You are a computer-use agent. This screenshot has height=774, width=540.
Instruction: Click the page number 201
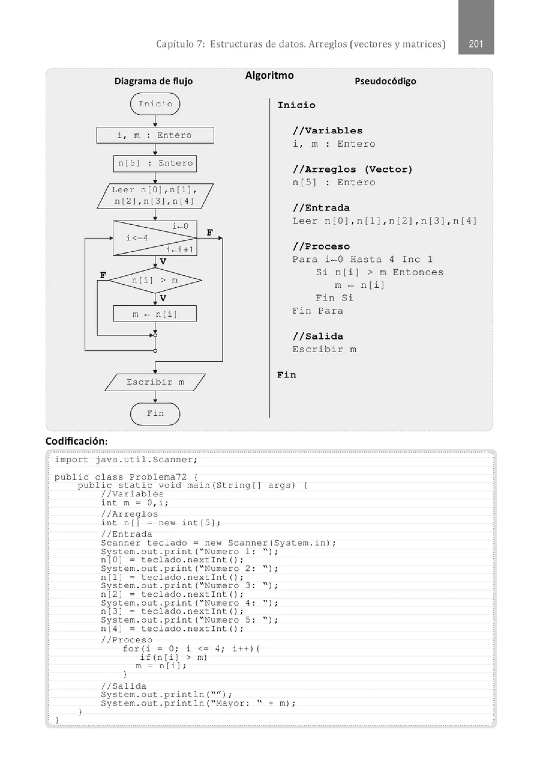pos(476,44)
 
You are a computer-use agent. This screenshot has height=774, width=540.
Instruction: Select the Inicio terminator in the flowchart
pos(155,104)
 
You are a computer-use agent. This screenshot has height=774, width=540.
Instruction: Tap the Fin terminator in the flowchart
pos(155,414)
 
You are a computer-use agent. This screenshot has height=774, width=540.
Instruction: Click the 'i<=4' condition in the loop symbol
pos(137,238)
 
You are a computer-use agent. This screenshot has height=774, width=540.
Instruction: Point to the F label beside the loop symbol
pos(210,233)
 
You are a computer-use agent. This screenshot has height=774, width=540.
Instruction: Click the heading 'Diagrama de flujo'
pos(153,81)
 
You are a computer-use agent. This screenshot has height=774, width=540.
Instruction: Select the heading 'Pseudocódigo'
pos(385,81)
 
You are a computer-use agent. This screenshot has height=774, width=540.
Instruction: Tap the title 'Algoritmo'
pos(269,75)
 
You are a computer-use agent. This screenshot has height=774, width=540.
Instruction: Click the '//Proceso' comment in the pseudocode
pos(321,246)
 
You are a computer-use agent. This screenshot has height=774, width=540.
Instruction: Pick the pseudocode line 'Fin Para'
pos(317,311)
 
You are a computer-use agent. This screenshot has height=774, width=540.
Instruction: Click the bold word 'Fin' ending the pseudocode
pos(287,375)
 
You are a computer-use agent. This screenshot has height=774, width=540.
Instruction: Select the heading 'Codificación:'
pos(76,441)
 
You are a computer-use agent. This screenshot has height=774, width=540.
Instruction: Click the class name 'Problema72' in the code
pos(158,477)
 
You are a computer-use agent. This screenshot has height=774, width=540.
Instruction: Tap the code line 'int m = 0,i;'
pos(135,503)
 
